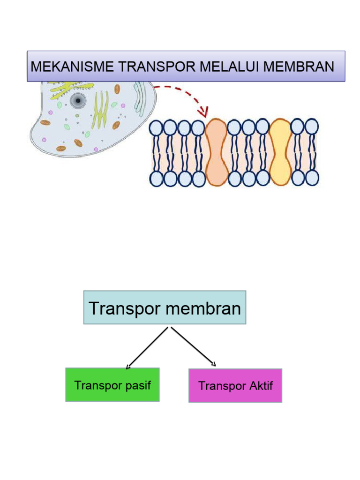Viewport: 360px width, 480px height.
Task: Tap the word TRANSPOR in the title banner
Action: pos(157,66)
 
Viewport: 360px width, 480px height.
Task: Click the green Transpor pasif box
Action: pos(112,384)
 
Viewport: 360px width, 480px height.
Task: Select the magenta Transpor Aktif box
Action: pos(235,385)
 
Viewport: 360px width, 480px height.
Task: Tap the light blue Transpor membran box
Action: pos(165,307)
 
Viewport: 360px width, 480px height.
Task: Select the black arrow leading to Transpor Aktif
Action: pos(193,346)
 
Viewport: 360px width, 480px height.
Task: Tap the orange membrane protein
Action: pos(216,152)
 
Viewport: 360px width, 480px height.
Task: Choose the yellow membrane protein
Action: pos(280,152)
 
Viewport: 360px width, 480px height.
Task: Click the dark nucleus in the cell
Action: pos(78,100)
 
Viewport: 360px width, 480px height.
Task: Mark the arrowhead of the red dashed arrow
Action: pos(203,112)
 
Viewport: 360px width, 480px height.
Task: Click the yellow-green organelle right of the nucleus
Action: pos(100,110)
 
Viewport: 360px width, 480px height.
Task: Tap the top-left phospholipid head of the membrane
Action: pos(156,127)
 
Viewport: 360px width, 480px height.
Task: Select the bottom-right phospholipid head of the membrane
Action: pos(312,178)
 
